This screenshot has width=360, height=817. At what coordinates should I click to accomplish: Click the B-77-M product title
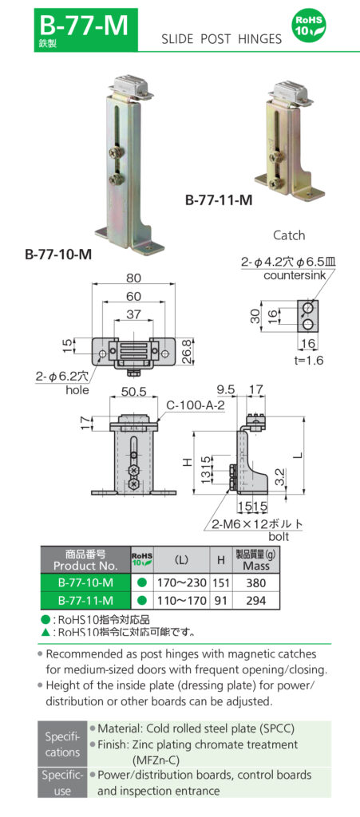[83, 24]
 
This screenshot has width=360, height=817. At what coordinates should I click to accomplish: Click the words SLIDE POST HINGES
[222, 38]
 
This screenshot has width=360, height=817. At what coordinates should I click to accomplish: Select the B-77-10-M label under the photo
[58, 255]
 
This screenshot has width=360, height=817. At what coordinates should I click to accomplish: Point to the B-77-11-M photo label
[219, 201]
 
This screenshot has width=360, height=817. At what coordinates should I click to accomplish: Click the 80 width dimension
[133, 278]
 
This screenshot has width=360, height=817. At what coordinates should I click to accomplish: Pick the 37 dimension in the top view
[133, 314]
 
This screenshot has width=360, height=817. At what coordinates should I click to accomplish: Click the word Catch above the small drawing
[289, 235]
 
